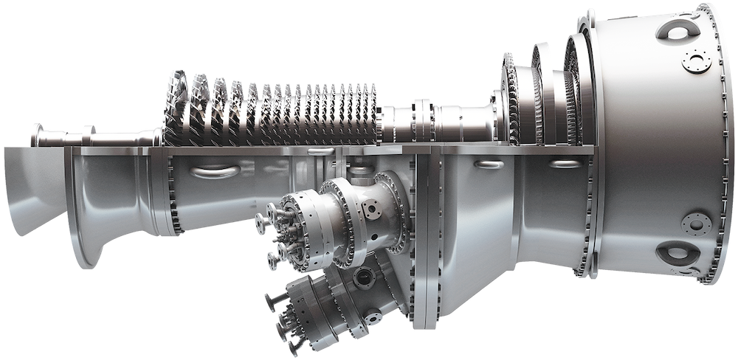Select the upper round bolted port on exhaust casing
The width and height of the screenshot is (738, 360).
pos(694,60)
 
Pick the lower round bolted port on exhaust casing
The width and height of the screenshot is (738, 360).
pos(694,223)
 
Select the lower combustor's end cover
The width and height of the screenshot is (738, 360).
pos(292,310)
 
